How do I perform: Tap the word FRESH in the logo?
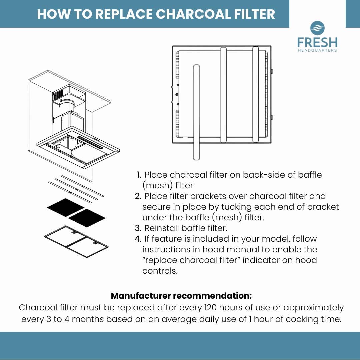click(x=317, y=42)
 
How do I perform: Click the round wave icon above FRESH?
click(x=317, y=28)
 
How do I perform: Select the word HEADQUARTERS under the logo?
click(x=317, y=50)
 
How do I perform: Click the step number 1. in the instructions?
click(x=139, y=175)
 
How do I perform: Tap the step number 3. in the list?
click(x=138, y=228)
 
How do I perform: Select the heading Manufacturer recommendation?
click(x=181, y=296)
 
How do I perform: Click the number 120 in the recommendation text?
click(x=211, y=307)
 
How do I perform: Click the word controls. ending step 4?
click(x=160, y=271)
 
